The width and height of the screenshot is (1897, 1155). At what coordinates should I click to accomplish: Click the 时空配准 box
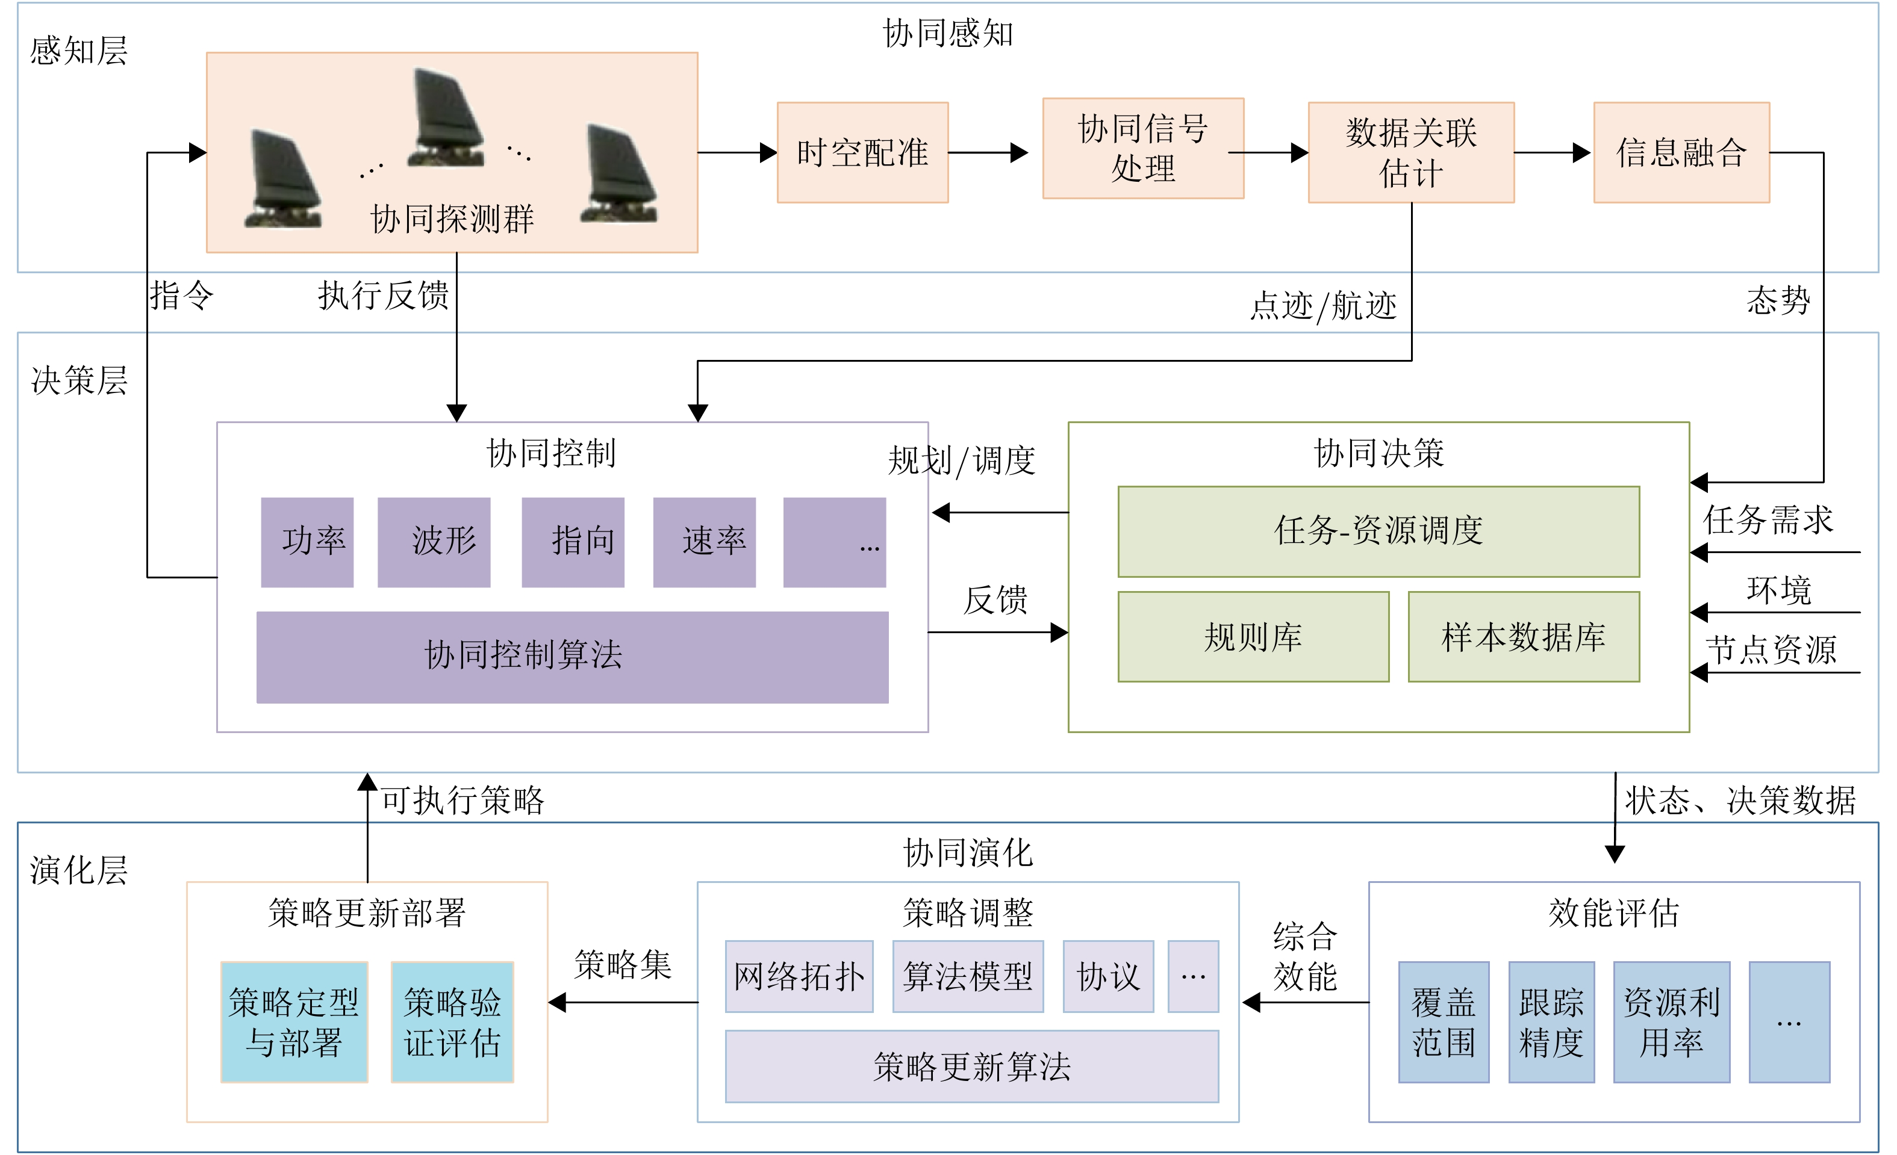862,152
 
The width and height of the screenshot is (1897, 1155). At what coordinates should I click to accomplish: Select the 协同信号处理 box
1142,149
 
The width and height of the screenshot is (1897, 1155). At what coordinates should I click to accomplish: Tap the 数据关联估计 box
1410,152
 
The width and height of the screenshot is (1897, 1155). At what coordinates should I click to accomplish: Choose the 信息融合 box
1681,152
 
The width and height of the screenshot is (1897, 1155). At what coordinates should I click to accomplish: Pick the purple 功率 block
307,542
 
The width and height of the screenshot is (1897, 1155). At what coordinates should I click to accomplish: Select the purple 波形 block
434,542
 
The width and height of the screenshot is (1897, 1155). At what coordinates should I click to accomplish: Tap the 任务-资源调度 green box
1377,531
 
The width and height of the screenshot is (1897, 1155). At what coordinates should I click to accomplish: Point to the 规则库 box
1253,636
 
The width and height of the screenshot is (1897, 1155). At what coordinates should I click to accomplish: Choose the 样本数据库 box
1523,636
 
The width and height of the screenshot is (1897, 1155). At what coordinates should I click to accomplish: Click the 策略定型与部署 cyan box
294,1021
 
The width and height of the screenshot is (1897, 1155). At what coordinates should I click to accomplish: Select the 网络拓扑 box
799,976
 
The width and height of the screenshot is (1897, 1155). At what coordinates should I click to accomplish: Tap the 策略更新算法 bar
971,1066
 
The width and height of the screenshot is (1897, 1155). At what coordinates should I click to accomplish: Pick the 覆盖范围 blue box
1443,1021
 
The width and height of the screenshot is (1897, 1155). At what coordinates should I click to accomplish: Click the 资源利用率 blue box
1671,1021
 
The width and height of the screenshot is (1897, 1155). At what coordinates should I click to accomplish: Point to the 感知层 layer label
78,51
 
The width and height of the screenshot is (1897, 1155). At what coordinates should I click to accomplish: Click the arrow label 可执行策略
463,800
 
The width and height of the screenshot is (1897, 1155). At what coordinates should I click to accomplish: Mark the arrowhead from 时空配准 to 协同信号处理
1020,152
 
